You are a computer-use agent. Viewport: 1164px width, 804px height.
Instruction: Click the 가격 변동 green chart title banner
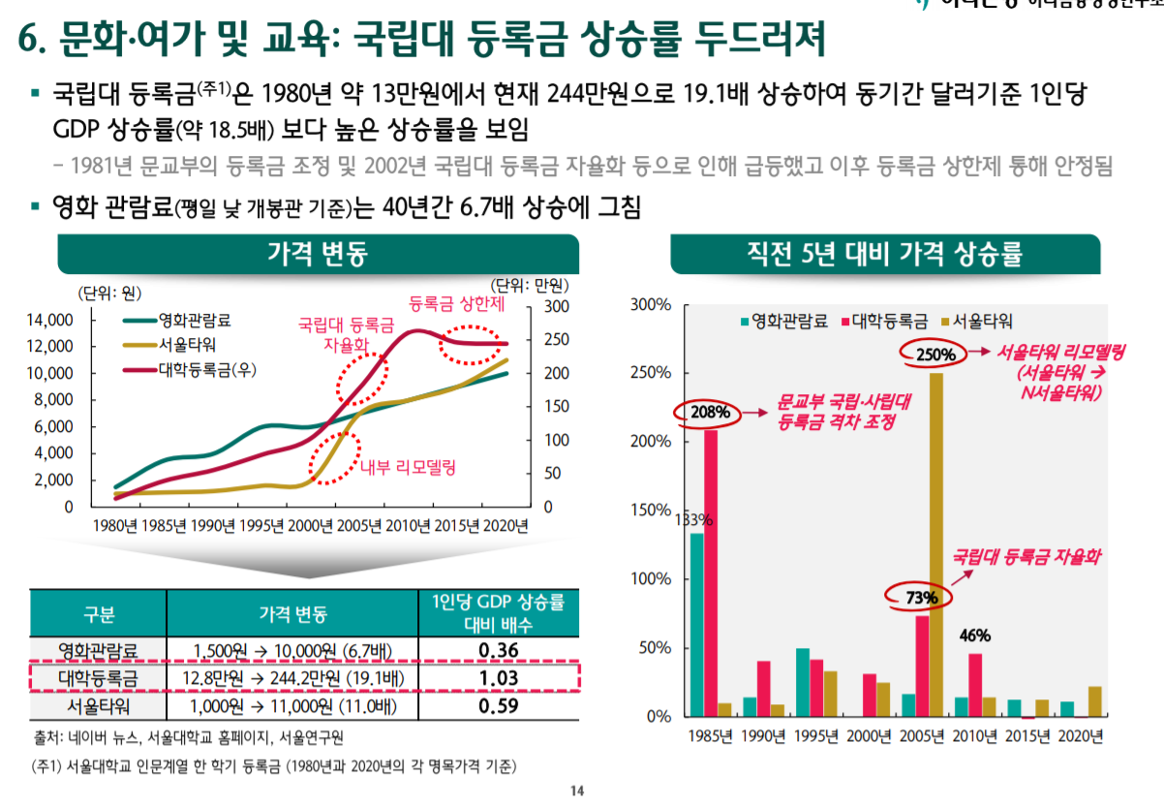coord(318,254)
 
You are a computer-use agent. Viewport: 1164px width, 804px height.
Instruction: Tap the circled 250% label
coord(935,355)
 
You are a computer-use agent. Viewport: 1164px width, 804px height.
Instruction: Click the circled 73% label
coord(921,598)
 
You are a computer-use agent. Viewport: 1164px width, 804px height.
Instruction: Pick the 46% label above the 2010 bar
coord(974,636)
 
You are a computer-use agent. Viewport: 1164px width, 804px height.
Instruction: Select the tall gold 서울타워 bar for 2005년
coord(936,542)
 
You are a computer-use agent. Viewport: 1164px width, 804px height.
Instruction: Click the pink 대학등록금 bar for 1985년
coord(711,572)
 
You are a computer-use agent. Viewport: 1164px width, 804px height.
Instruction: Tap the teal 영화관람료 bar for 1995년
coord(802,682)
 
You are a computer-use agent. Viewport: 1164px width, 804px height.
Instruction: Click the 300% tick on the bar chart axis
coord(651,305)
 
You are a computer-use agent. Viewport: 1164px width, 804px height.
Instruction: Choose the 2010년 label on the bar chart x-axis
coord(974,736)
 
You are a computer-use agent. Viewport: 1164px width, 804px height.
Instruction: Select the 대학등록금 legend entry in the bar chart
coord(888,321)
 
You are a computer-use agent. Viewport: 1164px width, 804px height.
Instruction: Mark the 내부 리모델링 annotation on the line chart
coord(408,468)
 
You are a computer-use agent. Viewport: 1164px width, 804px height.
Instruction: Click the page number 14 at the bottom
coord(578,791)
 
